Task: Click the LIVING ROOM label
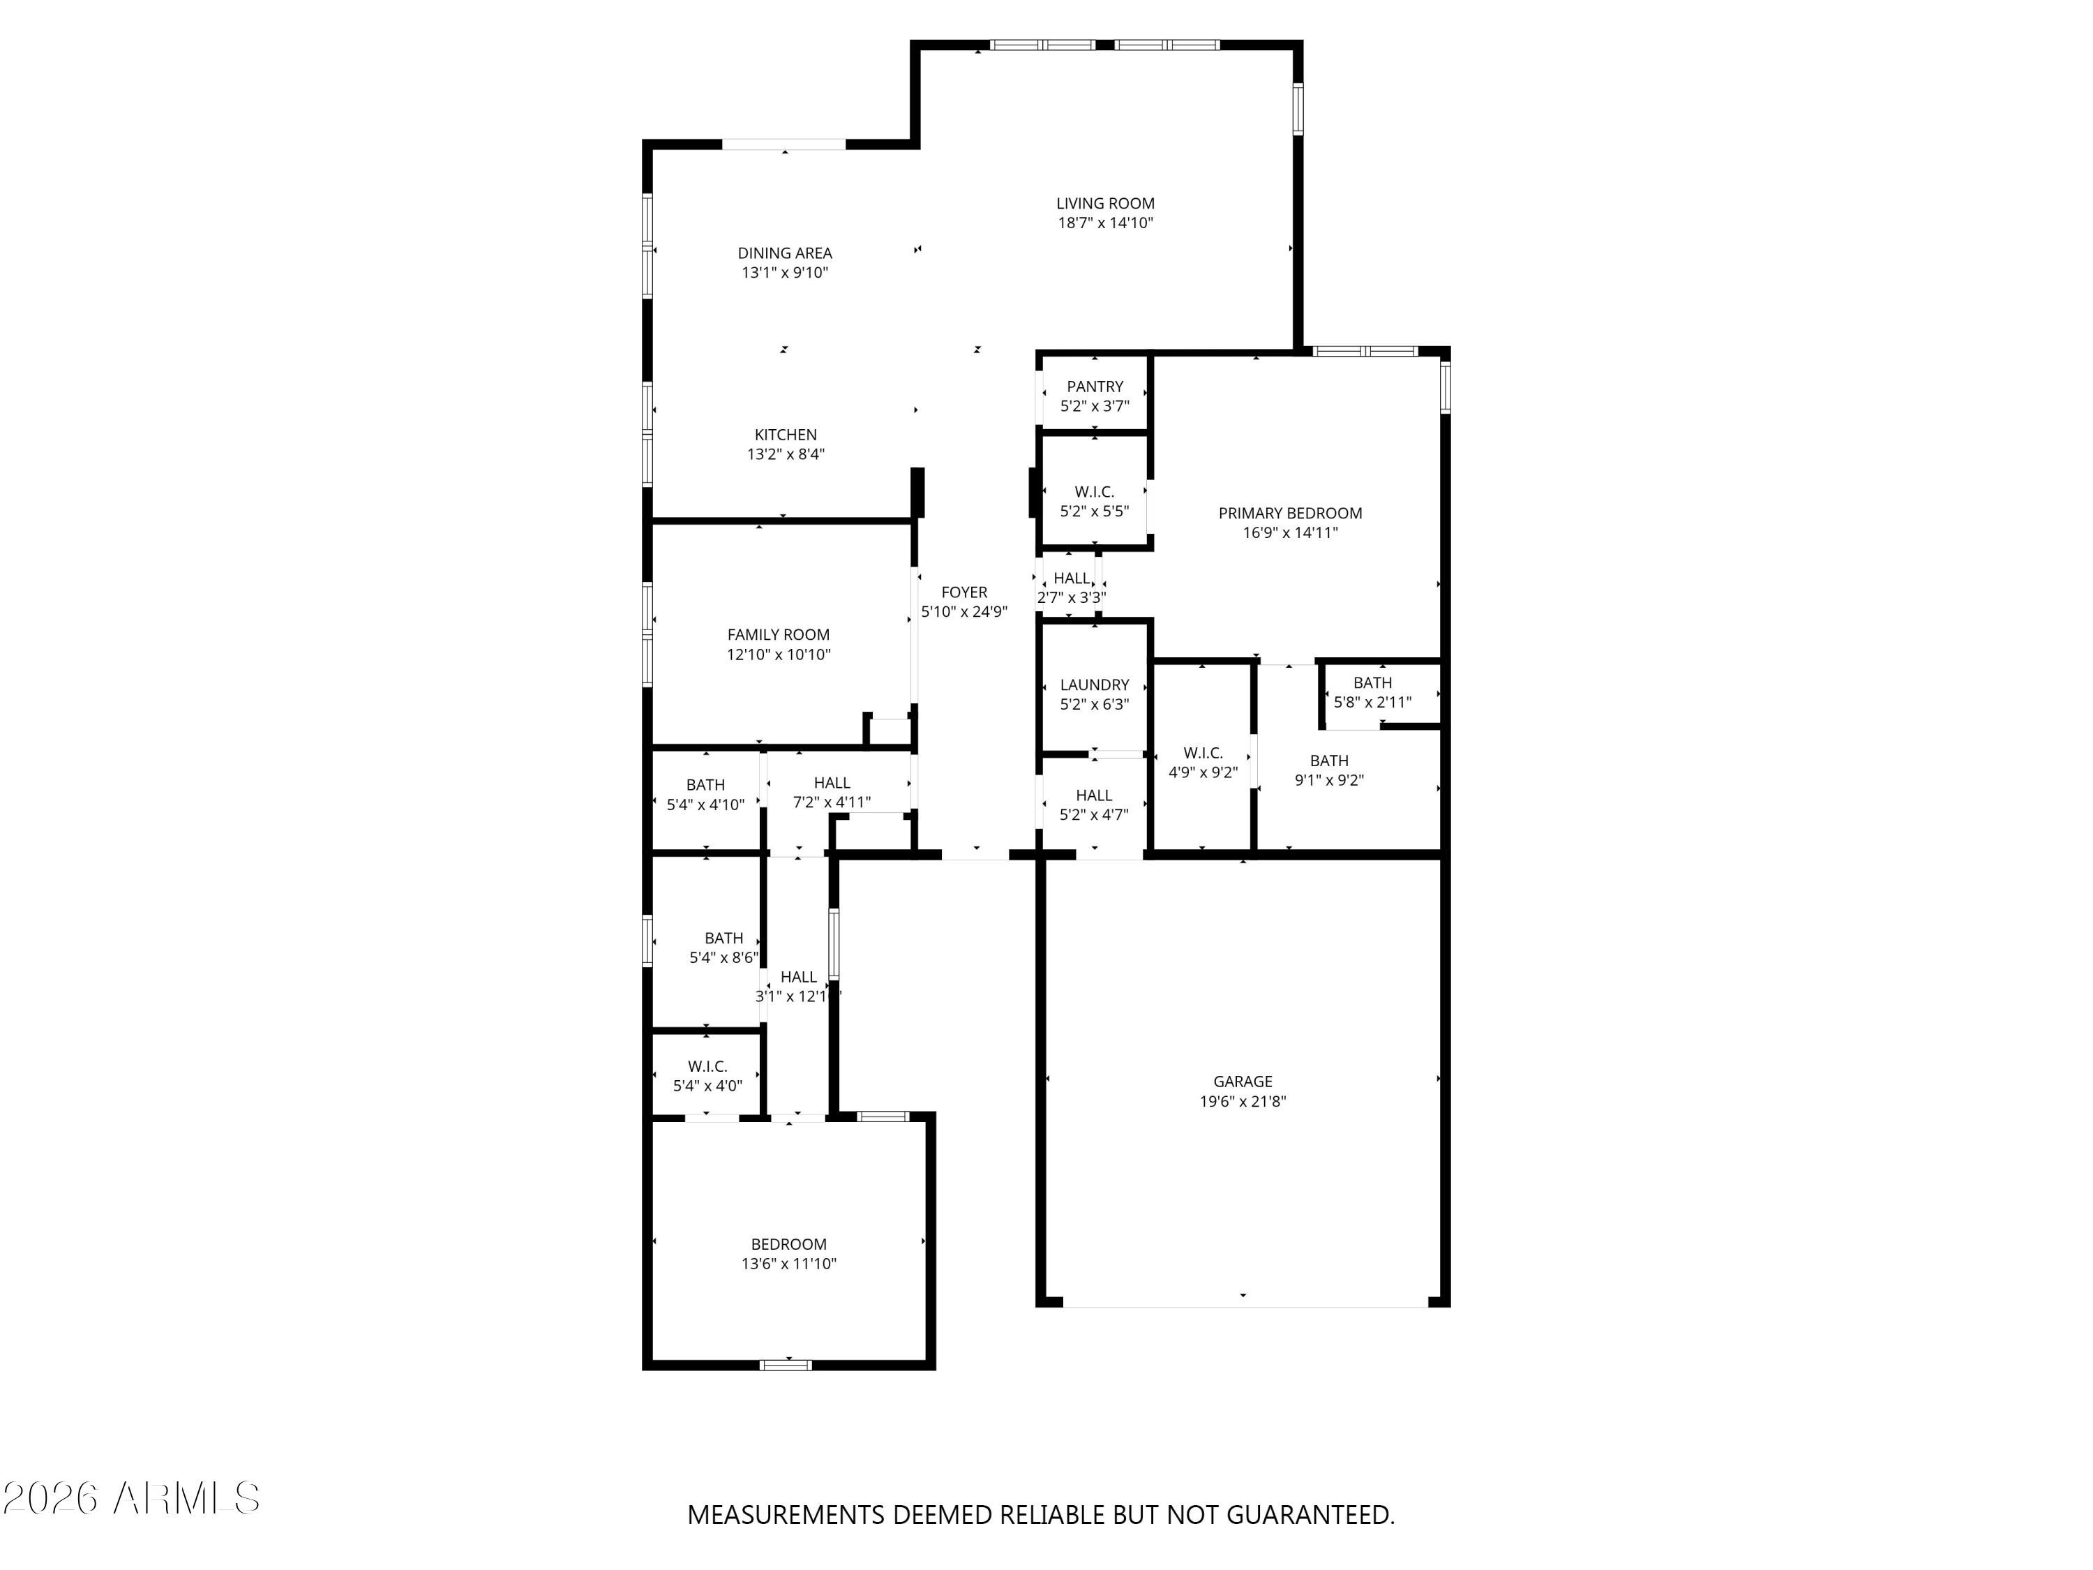(x=1105, y=204)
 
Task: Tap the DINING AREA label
(x=784, y=253)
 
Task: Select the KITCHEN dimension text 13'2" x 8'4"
(x=786, y=454)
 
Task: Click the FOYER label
(x=964, y=592)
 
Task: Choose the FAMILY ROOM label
(x=778, y=635)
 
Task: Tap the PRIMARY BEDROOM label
(x=1290, y=513)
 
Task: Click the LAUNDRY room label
(x=1095, y=685)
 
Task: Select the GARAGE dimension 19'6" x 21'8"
(x=1243, y=1102)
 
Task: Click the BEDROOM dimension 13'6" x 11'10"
(x=788, y=1264)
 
